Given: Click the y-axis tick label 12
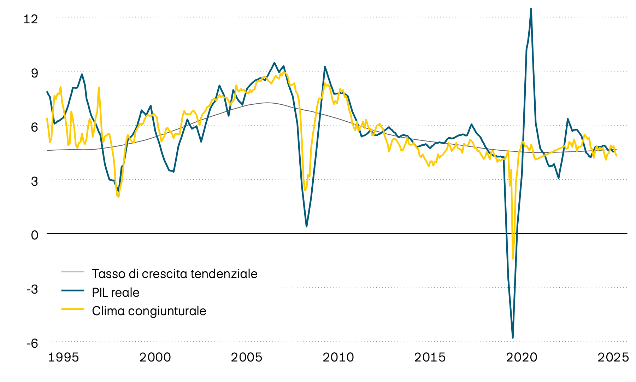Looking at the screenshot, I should [x=30, y=19].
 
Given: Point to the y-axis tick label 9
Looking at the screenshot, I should [x=34, y=73].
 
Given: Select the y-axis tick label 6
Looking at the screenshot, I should [x=34, y=127].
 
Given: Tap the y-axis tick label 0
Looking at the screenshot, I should [x=34, y=235].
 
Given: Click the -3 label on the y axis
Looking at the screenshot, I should [x=32, y=289].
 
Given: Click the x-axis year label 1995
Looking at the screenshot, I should [x=63, y=357].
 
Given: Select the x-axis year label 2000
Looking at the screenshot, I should [x=155, y=357].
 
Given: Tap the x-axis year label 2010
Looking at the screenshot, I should [x=338, y=357].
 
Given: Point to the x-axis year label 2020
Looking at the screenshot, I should [x=522, y=357].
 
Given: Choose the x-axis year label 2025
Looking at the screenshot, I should [x=613, y=357].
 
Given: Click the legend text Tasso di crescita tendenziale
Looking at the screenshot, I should [x=175, y=274].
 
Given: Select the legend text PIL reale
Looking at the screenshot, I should [x=116, y=293].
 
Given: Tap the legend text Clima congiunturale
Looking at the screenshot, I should [x=149, y=311].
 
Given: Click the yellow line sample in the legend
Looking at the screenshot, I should [x=73, y=309].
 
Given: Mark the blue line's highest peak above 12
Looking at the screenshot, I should [x=531, y=9].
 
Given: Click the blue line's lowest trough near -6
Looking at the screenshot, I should [x=513, y=338].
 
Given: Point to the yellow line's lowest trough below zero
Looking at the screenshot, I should [x=513, y=259].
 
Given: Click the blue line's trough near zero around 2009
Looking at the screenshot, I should [x=306, y=226].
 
